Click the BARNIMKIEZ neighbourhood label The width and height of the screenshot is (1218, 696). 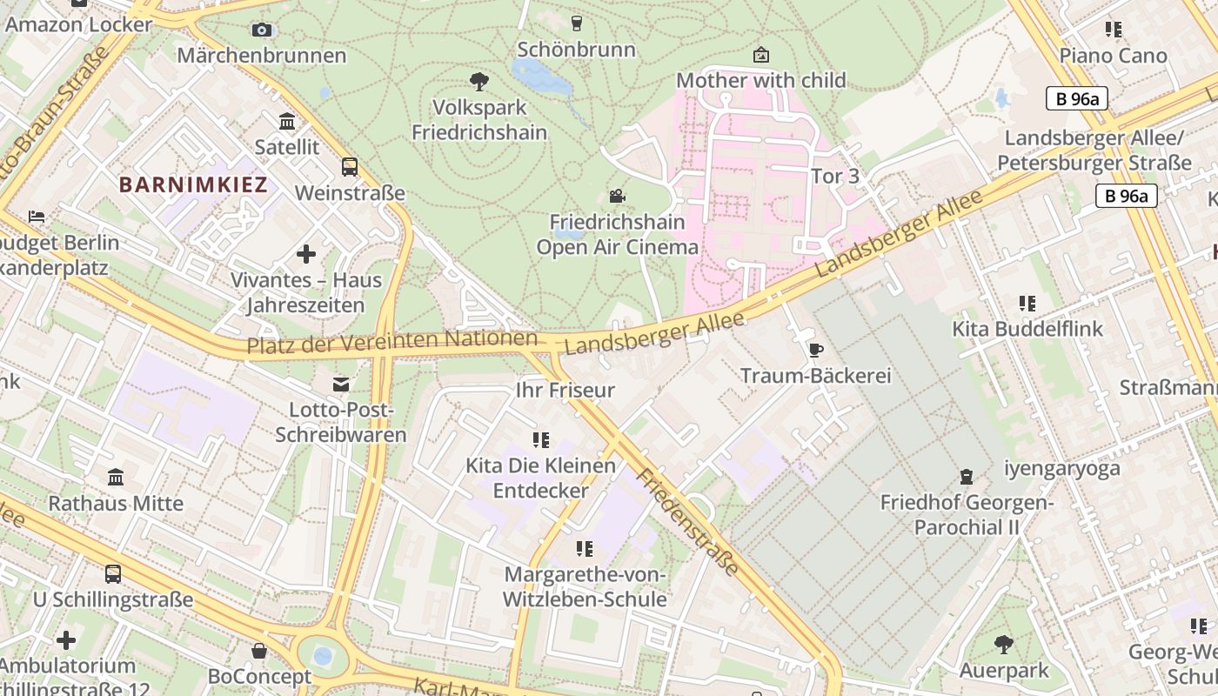click(193, 184)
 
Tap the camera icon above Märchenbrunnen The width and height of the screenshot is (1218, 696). click(262, 30)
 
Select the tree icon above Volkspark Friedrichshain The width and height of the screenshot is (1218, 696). click(478, 82)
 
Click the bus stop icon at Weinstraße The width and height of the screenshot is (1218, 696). click(350, 166)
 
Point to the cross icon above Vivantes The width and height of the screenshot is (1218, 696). click(305, 254)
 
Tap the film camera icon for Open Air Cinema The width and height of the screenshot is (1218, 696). click(617, 197)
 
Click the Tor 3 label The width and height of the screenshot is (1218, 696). click(835, 177)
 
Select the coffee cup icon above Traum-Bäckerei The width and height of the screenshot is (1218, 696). click(815, 350)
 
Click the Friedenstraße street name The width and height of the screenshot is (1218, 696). click(687, 522)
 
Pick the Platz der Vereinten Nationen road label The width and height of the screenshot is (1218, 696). click(391, 342)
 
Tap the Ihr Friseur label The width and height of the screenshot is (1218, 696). click(565, 390)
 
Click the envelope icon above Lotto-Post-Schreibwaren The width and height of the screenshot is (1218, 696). click(341, 384)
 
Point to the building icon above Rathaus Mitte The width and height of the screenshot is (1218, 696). click(116, 477)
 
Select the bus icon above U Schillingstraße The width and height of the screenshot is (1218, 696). click(113, 573)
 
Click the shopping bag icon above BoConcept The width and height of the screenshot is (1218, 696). click(259, 650)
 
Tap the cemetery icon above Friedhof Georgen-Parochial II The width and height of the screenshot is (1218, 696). click(966, 476)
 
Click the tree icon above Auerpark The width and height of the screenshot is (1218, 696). click(1004, 644)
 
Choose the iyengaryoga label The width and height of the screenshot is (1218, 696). click(1062, 469)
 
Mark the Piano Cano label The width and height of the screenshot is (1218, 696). click(1113, 56)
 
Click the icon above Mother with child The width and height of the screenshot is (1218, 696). click(761, 55)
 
